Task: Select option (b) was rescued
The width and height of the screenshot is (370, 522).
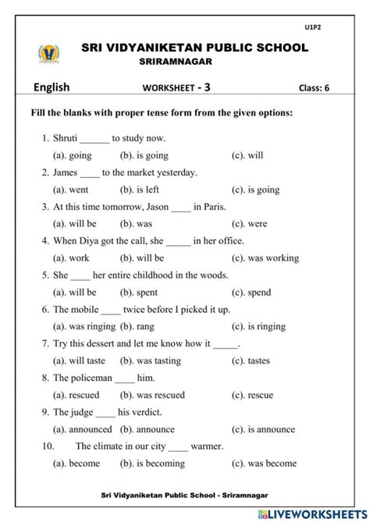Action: [x=152, y=395]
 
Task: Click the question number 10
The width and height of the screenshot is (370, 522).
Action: [x=49, y=446]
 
